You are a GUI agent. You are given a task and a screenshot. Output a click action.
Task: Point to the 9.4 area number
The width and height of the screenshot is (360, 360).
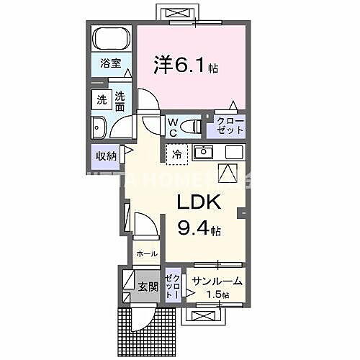195,230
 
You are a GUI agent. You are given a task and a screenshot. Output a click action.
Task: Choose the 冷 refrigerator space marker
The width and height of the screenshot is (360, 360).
176,153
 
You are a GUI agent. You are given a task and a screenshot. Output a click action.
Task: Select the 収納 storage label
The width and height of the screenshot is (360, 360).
105,155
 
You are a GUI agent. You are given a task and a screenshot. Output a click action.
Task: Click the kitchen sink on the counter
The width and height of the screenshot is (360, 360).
204,153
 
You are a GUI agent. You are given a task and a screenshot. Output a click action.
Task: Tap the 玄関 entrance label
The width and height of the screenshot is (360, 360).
148,286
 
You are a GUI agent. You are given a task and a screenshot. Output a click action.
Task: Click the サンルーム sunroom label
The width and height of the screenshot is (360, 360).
217,281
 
